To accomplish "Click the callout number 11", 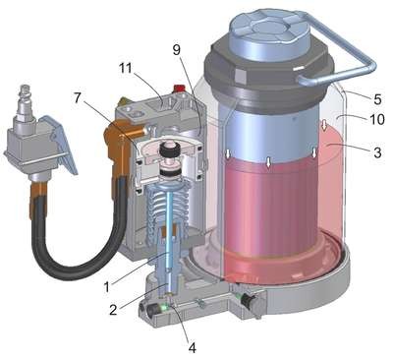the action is pyautogui.click(x=125, y=69).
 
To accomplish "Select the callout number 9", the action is pyautogui.click(x=177, y=50).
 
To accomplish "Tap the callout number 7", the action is pyautogui.click(x=78, y=98).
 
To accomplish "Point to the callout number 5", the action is pyautogui.click(x=377, y=99).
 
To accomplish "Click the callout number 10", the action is pyautogui.click(x=376, y=119).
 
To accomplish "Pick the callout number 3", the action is pyautogui.click(x=377, y=152).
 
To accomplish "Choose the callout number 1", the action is pyautogui.click(x=106, y=287).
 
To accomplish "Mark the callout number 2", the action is pyautogui.click(x=113, y=310).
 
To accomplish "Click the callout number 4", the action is pyautogui.click(x=193, y=347).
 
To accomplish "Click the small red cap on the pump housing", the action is pyautogui.click(x=179, y=88).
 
